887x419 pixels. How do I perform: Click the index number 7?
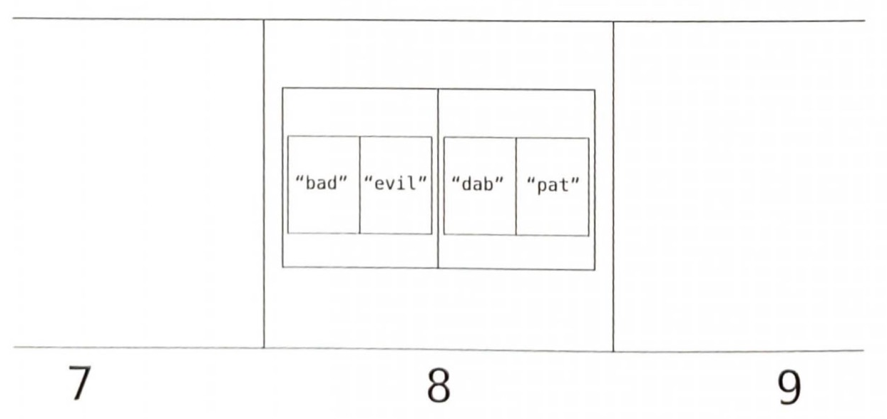click(79, 384)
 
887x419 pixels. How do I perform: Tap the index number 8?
click(438, 385)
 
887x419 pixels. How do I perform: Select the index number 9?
click(788, 387)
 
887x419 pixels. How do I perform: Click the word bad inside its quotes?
click(321, 183)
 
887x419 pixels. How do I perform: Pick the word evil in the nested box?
click(395, 183)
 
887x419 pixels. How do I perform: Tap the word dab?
click(478, 184)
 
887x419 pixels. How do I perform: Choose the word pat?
click(553, 185)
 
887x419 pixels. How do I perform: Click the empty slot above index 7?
click(138, 184)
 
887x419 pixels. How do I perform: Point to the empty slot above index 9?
click(739, 186)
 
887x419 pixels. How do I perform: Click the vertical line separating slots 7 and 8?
click(264, 184)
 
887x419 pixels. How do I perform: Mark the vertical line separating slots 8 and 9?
click(613, 186)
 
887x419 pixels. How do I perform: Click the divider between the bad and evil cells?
click(359, 185)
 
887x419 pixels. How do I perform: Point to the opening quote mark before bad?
click(299, 179)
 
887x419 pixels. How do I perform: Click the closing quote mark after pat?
click(575, 181)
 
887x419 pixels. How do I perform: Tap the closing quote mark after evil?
click(423, 179)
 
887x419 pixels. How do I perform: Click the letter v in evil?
click(390, 185)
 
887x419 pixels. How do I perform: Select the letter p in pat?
click(541, 187)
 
